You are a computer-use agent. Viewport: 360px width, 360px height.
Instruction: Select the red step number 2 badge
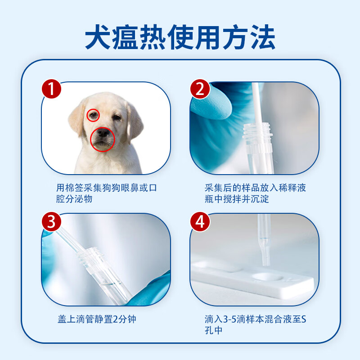[200, 89]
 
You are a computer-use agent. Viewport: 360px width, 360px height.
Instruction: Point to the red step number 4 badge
[200, 221]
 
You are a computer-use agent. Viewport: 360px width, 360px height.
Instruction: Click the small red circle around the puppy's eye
[93, 116]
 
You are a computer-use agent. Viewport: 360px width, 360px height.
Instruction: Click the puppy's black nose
[103, 134]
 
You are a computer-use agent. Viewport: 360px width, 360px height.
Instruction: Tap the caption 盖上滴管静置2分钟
[96, 319]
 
